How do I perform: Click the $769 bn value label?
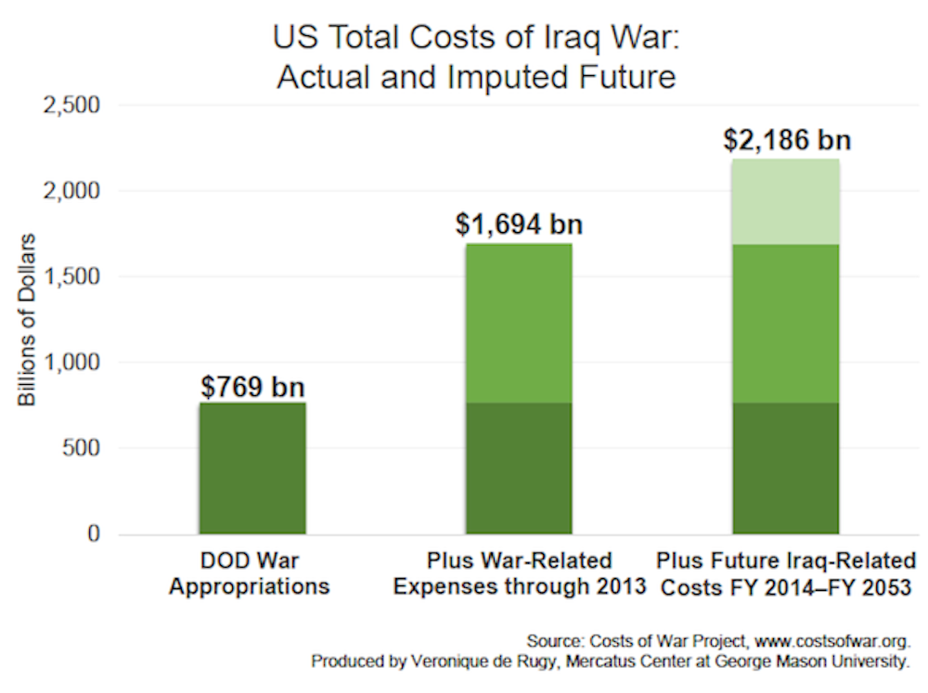252,386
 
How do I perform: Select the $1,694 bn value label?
519,225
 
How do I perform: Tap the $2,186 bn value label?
786,141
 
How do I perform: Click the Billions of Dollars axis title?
27,319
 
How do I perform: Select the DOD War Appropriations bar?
252,468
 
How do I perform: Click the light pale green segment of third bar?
786,201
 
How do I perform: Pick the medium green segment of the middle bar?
519,323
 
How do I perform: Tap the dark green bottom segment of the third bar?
786,468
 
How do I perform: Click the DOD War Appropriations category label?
252,573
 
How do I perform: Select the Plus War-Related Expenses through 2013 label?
519,573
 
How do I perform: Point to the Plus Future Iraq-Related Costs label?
786,573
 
